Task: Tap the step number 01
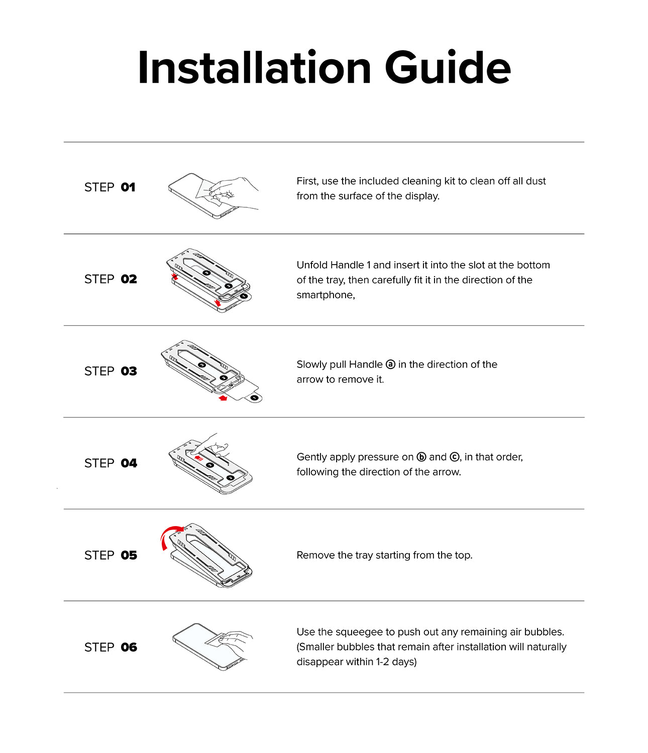click(x=128, y=187)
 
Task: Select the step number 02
click(x=129, y=279)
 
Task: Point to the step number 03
click(x=129, y=371)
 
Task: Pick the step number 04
click(x=129, y=463)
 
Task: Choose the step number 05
click(x=129, y=555)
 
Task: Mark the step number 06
click(x=129, y=647)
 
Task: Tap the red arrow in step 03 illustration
click(x=223, y=398)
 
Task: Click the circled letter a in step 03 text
click(x=390, y=364)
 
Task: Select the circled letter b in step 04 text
click(x=421, y=457)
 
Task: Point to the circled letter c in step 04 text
click(x=454, y=457)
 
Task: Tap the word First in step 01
click(x=307, y=181)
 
